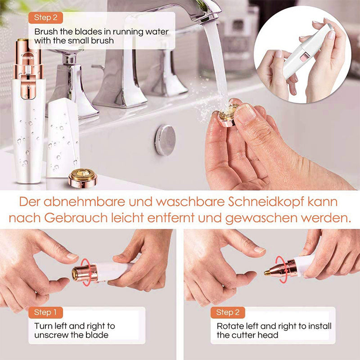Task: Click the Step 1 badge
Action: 45,312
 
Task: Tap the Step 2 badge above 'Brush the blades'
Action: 45,18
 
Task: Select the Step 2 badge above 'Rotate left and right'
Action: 228,312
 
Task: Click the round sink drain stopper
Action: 165,140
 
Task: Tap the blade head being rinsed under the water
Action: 227,113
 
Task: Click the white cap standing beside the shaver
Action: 63,137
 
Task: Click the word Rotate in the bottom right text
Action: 229,326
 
